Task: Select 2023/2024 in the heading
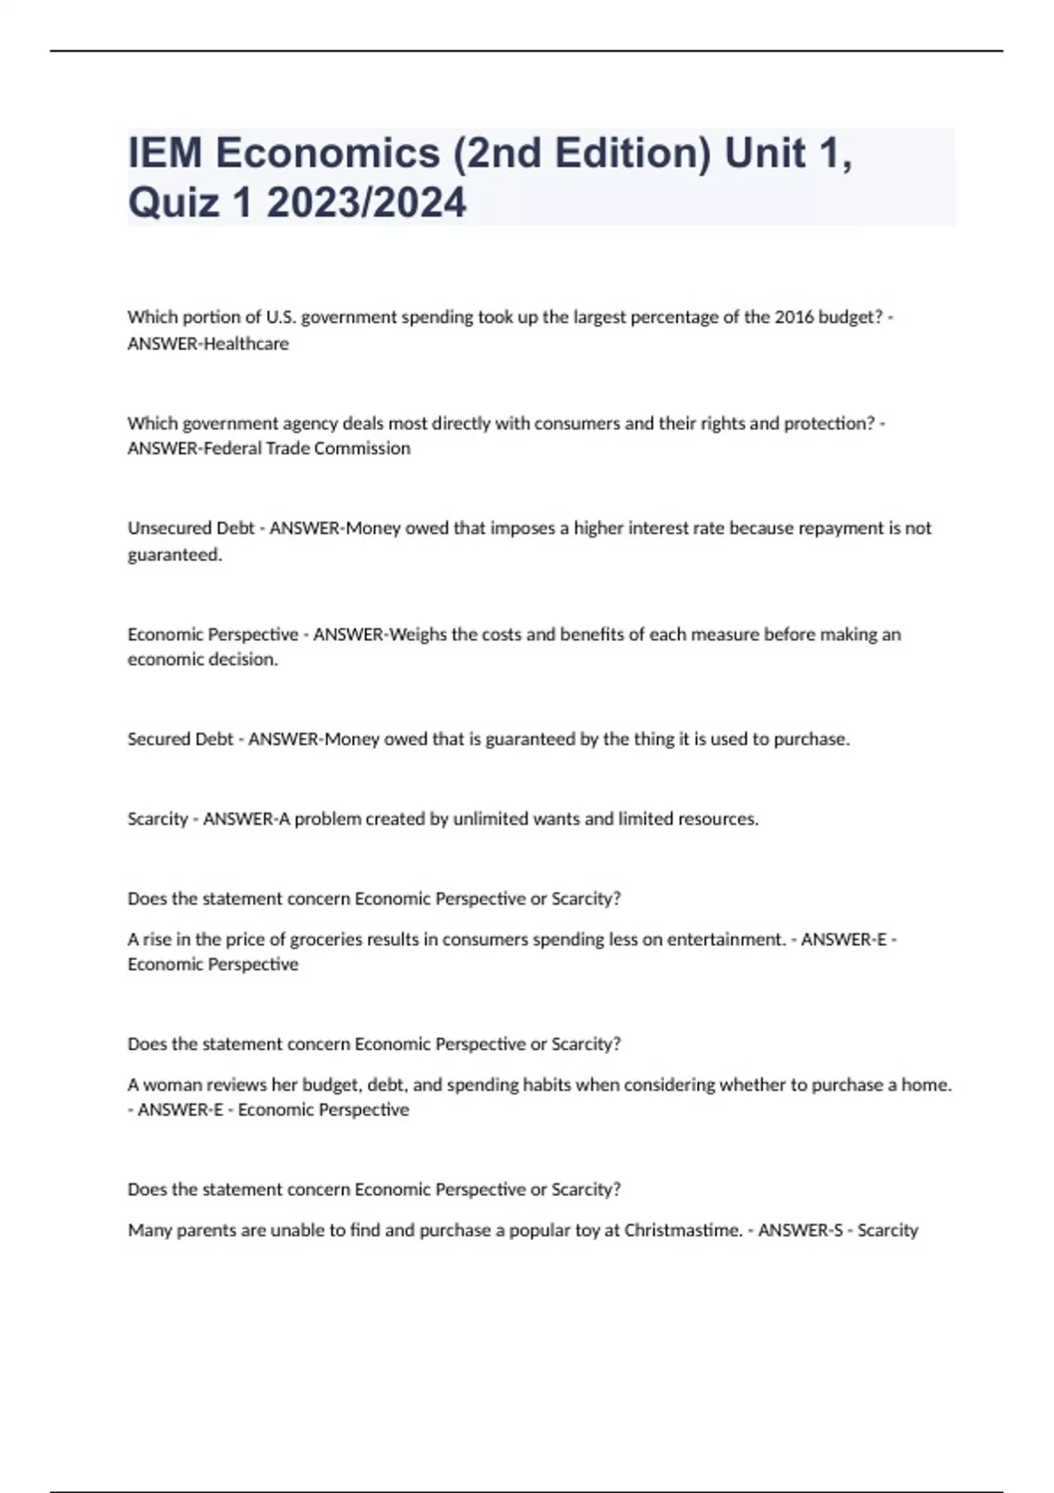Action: click(366, 203)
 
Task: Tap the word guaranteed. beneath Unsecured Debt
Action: click(175, 555)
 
